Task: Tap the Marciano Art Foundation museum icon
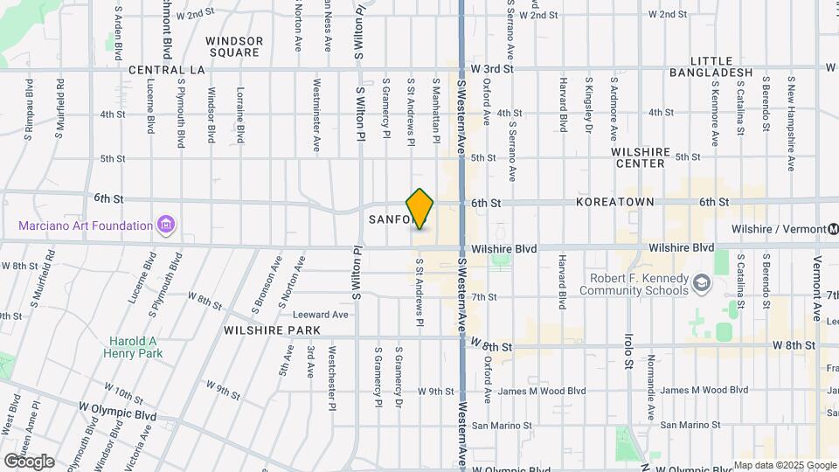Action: tap(165, 226)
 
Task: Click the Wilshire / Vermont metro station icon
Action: tap(821, 229)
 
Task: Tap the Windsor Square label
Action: tap(233, 46)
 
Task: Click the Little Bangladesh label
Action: tap(709, 66)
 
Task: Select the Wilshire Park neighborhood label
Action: tap(272, 330)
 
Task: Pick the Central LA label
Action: tap(165, 69)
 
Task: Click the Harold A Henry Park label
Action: tap(136, 347)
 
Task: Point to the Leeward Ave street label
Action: tap(321, 315)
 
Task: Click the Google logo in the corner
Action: tap(28, 461)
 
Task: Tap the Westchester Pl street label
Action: tap(332, 377)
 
